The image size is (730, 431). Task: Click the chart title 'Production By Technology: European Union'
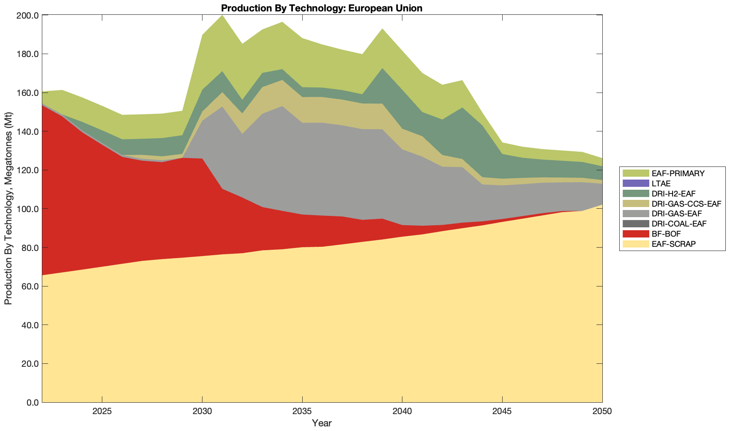pyautogui.click(x=321, y=8)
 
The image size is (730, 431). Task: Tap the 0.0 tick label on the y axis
pyautogui.click(x=32, y=403)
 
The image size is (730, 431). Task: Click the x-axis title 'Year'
pyautogui.click(x=322, y=423)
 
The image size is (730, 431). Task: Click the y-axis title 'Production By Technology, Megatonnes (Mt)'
pyautogui.click(x=8, y=209)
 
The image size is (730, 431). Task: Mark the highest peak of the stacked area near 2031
pyautogui.click(x=222, y=15)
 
